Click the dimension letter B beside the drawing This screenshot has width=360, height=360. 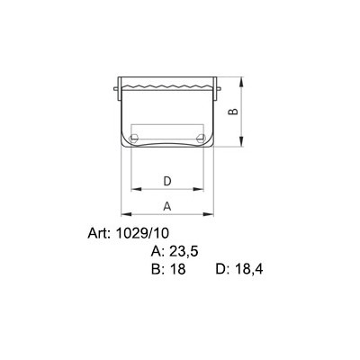[x=231, y=112]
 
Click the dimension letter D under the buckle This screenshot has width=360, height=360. [x=166, y=181]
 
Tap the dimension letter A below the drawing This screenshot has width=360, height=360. [x=166, y=206]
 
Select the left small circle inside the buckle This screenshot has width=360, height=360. [x=134, y=138]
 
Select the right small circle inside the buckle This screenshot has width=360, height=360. [x=199, y=138]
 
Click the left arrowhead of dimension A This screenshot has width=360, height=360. [x=124, y=214]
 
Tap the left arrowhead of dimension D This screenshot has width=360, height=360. [x=135, y=190]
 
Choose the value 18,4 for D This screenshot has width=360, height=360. [x=248, y=268]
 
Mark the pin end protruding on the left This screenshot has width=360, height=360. [x=116, y=87]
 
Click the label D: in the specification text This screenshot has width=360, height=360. [x=224, y=268]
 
